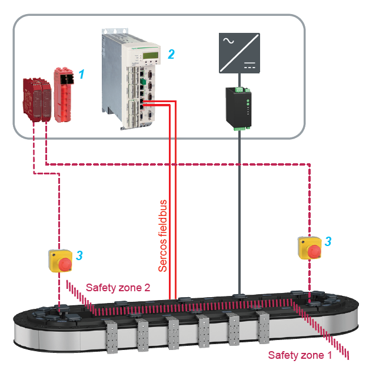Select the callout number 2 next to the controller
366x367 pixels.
(171, 55)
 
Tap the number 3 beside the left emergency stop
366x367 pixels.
(79, 255)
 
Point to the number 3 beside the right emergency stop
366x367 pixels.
(328, 241)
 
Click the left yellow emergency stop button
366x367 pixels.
(60, 261)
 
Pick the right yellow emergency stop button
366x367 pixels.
(310, 247)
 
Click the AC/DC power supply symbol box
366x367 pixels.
(239, 52)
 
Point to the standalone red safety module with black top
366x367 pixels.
(64, 95)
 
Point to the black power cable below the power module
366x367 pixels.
(239, 206)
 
